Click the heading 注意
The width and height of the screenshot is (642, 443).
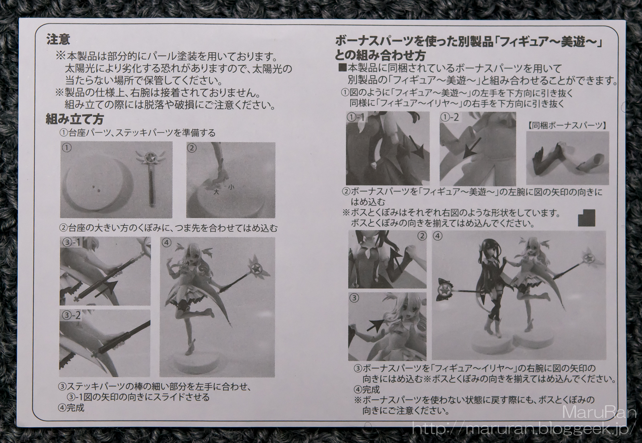tap(58, 40)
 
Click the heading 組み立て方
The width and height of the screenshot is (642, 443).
tap(75, 119)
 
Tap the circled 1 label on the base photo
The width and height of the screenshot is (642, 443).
tap(67, 148)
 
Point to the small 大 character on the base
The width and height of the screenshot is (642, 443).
tap(216, 192)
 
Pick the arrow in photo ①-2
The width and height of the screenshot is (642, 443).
tap(472, 148)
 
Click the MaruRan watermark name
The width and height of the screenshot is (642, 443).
tap(598, 412)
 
